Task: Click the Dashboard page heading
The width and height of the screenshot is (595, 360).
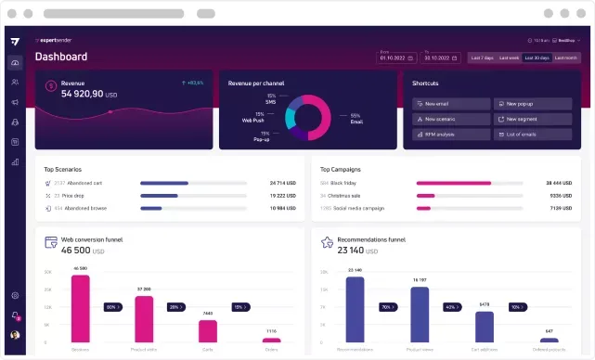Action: [x=61, y=57]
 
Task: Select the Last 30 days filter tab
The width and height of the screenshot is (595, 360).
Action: [x=537, y=58]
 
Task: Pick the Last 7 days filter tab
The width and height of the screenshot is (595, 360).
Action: [x=482, y=58]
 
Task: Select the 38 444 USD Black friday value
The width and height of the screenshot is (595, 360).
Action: [x=562, y=183]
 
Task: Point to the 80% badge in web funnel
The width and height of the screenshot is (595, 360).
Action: [x=111, y=306]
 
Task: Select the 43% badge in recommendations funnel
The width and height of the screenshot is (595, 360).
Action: [x=451, y=306]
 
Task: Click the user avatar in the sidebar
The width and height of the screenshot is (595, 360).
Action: [x=15, y=335]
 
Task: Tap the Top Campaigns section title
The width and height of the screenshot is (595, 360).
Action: [x=341, y=169]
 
